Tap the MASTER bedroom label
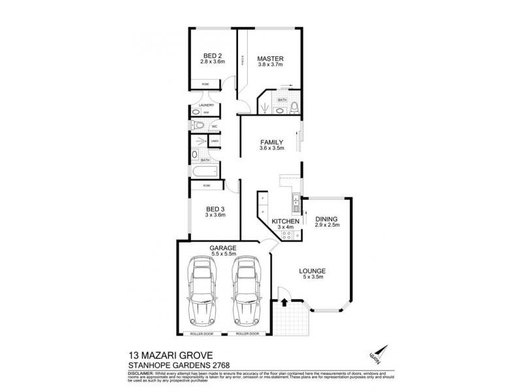[269, 59]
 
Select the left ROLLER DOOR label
[202, 333]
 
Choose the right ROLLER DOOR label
[246, 333]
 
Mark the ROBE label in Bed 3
[206, 186]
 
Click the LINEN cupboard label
[214, 140]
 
